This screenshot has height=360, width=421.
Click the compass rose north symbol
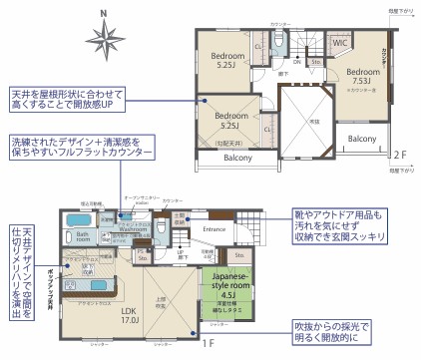(x=103, y=40)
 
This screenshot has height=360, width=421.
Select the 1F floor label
(x=209, y=344)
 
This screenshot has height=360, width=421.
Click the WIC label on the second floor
(x=338, y=45)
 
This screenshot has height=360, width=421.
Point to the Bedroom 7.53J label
(x=361, y=77)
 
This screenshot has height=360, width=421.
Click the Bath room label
(x=83, y=237)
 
